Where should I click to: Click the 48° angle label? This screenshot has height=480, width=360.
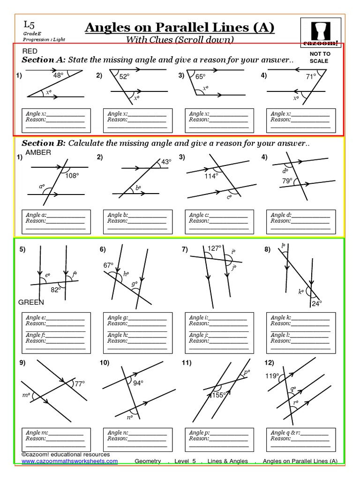pyautogui.click(x=58, y=75)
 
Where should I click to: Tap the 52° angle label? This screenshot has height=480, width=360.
pyautogui.click(x=124, y=77)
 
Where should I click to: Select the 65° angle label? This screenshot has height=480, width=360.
pyautogui.click(x=201, y=76)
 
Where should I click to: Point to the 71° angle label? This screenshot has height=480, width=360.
pyautogui.click(x=311, y=76)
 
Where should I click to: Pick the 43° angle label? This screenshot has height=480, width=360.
pyautogui.click(x=166, y=162)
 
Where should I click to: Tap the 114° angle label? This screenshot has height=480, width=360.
pyautogui.click(x=211, y=176)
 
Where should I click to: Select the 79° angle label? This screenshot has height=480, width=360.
pyautogui.click(x=287, y=180)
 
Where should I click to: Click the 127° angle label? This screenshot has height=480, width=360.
pyautogui.click(x=214, y=248)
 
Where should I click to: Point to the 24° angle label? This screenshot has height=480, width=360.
pyautogui.click(x=317, y=303)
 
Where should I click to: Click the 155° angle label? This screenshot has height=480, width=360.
pyautogui.click(x=219, y=395)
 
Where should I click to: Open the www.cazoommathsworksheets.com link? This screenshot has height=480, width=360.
pyautogui.click(x=69, y=461)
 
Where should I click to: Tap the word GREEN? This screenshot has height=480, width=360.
pyautogui.click(x=31, y=302)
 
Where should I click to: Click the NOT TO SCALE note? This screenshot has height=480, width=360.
pyautogui.click(x=320, y=57)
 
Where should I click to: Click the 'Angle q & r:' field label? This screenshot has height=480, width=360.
pyautogui.click(x=286, y=433)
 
